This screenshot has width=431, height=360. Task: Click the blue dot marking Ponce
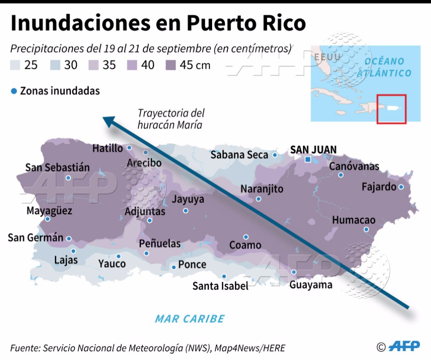pyautogui.click(x=173, y=267)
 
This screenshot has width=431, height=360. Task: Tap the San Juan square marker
pyautogui.click(x=308, y=160)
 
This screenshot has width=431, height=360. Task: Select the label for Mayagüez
pyautogui.click(x=49, y=211)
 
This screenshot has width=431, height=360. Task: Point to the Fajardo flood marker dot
pyautogui.click(x=401, y=187)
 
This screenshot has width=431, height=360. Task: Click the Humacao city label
pyautogui.click(x=354, y=220)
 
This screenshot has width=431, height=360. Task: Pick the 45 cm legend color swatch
pyautogui.click(x=171, y=65)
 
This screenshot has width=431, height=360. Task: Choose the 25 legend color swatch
pyautogui.click(x=15, y=65)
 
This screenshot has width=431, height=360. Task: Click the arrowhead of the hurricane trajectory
pyautogui.click(x=109, y=121)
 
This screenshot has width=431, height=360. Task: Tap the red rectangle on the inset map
pyautogui.click(x=391, y=109)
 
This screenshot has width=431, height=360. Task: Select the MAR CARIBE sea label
pyautogui.click(x=190, y=319)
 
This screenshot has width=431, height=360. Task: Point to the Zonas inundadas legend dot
pyautogui.click(x=14, y=91)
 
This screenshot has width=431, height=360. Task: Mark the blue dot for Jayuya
pyautogui.click(x=185, y=211)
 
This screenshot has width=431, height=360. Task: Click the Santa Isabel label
pyautogui.click(x=220, y=286)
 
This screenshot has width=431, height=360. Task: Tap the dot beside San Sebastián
pyautogui.click(x=68, y=178)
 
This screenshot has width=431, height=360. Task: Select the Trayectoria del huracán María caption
pyautogui.click(x=170, y=119)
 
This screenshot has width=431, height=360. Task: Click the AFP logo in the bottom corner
pyautogui.click(x=404, y=346)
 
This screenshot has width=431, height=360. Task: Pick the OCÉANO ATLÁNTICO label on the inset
pyautogui.click(x=384, y=67)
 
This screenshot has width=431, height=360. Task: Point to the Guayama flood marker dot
pyautogui.click(x=294, y=272)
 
